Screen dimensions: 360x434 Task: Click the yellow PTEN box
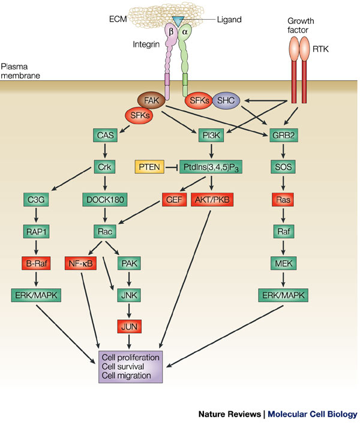(149, 167)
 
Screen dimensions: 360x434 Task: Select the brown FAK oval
(151, 100)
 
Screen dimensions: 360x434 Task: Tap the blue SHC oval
(226, 100)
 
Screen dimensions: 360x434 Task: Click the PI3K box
(211, 135)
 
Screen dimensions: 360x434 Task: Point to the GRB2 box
(284, 135)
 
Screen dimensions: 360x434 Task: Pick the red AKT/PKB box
(212, 199)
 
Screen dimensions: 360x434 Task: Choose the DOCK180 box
(105, 199)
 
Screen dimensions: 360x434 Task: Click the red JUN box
(129, 327)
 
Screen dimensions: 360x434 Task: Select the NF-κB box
(81, 264)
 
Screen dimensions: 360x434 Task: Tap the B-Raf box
(37, 264)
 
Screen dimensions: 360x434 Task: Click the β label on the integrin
(171, 32)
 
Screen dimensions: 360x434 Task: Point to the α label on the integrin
(185, 32)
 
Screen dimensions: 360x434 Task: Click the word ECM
(118, 19)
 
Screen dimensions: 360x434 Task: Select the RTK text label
(320, 49)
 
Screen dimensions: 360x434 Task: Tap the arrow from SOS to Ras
(283, 182)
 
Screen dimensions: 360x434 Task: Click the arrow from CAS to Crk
(105, 151)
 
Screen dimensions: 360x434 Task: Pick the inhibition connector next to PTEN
(172, 167)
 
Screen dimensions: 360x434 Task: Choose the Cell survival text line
(123, 366)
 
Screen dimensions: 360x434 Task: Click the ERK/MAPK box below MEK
(283, 295)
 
